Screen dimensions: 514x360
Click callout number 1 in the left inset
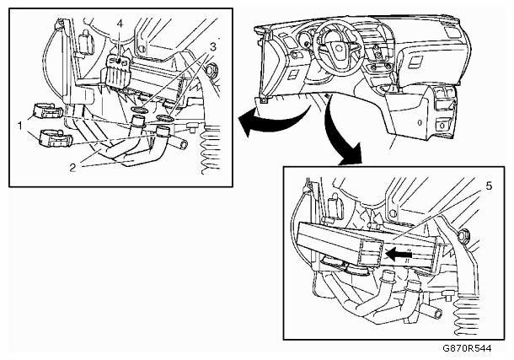point(20,126)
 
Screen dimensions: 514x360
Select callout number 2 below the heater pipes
point(72,168)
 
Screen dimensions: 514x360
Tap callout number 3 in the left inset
point(213,47)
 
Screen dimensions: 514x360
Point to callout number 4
point(120,24)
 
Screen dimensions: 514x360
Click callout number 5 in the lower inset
point(489,186)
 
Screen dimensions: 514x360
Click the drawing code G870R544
point(467,348)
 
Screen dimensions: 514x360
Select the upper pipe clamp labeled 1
point(48,110)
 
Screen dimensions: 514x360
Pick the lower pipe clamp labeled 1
point(55,138)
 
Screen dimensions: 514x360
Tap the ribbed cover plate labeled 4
point(118,71)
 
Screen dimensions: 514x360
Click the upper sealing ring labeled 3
point(139,110)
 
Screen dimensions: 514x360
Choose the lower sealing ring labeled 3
point(165,118)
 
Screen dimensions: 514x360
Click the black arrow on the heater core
point(399,254)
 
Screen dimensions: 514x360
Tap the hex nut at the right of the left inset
point(211,70)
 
